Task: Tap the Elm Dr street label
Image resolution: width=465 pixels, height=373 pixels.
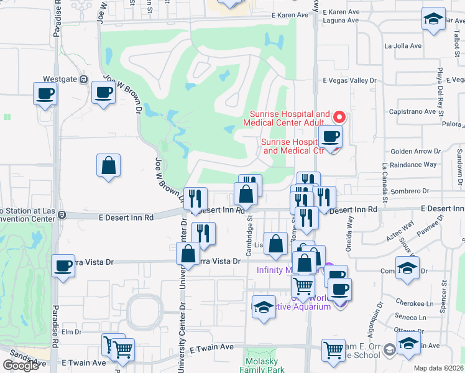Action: tap(72, 332)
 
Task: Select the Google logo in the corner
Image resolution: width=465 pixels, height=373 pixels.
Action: tap(21, 366)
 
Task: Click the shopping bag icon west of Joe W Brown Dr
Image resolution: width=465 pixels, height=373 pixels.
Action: tap(108, 166)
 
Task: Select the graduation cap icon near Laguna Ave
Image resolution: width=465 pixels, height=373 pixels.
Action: tap(433, 19)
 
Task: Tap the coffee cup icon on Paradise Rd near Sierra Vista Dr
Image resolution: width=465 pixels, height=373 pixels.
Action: tap(63, 267)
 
